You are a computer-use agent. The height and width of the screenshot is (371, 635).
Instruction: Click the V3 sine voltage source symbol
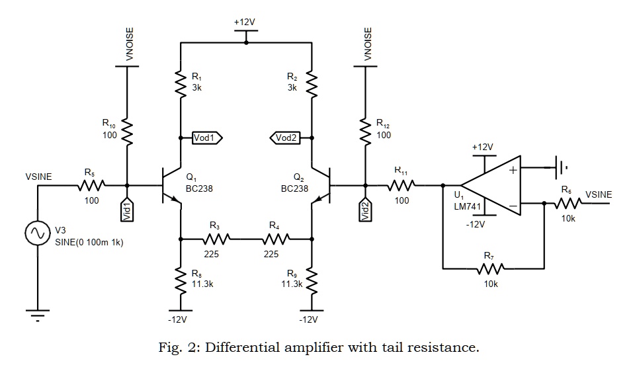[37, 233]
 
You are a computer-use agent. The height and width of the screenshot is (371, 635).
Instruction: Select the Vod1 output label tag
[206, 138]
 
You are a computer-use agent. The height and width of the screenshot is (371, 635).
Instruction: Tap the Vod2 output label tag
[286, 138]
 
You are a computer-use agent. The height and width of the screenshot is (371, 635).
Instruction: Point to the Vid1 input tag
[127, 210]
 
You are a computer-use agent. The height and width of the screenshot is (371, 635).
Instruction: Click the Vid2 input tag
[364, 210]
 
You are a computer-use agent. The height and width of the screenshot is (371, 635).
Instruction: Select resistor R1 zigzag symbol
[180, 83]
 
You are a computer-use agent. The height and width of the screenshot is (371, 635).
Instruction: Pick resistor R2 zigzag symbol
[312, 83]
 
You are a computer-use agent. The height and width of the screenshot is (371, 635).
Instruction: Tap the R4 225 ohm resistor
[275, 238]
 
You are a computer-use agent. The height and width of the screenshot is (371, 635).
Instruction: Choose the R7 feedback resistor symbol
[489, 269]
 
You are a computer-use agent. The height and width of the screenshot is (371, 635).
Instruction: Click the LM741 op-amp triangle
[489, 186]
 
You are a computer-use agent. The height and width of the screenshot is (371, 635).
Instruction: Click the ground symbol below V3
[37, 313]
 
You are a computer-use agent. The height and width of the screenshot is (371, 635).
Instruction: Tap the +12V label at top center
[245, 22]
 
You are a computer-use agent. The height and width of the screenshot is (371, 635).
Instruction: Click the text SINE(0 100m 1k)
[89, 242]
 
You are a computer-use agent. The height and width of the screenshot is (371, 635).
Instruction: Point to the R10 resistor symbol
[127, 134]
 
